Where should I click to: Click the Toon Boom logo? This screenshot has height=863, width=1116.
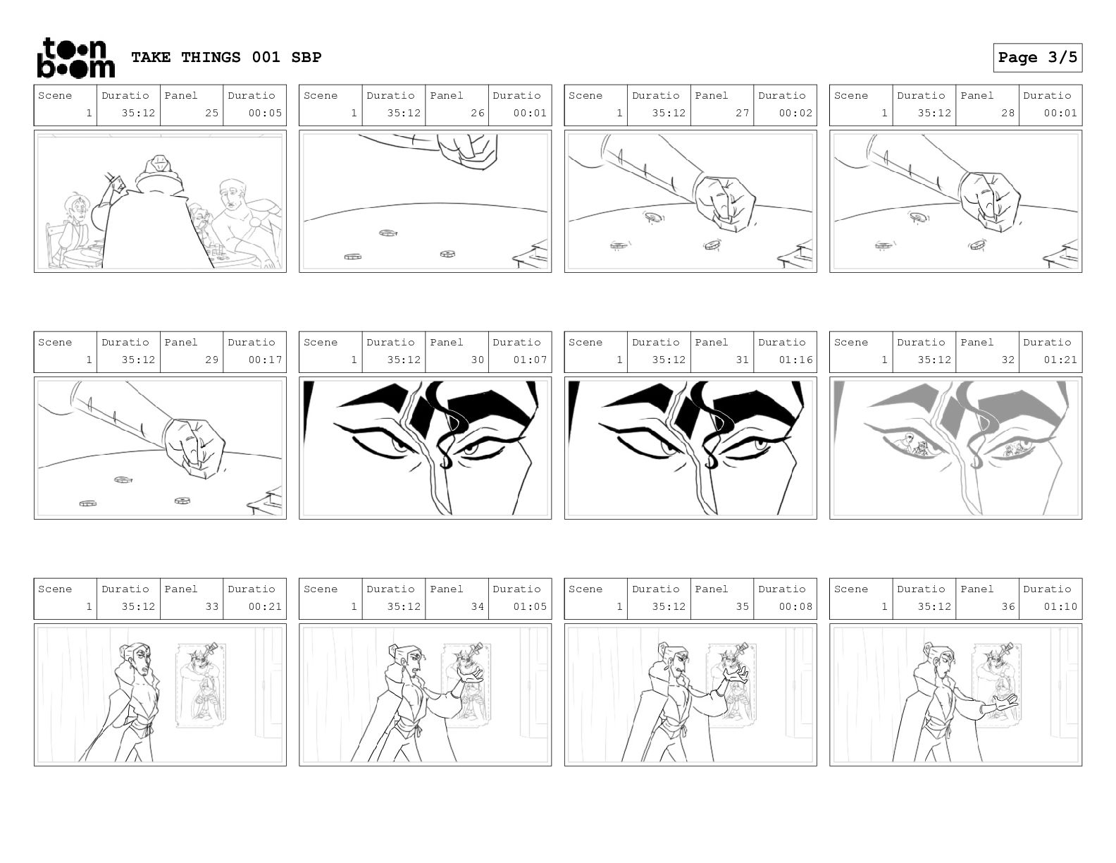point(76,58)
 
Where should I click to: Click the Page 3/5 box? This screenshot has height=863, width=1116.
point(1037,58)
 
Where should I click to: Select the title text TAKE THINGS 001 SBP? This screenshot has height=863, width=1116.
point(226,57)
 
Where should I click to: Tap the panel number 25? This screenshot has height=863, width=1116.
point(211,113)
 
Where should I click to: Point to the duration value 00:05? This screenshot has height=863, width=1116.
point(265,113)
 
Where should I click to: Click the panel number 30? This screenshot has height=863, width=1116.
point(477,360)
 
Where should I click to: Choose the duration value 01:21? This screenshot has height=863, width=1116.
point(1060,360)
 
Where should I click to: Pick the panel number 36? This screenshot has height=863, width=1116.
point(1008,606)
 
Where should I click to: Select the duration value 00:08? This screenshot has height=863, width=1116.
point(795,606)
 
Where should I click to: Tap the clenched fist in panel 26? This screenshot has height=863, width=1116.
point(467,150)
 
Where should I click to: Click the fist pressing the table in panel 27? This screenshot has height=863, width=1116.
point(725,202)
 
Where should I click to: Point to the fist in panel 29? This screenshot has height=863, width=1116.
point(195,447)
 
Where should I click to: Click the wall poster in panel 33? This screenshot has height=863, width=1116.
point(201,685)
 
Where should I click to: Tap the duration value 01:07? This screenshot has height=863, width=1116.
point(530,360)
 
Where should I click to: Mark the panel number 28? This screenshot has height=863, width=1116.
point(1008,113)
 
